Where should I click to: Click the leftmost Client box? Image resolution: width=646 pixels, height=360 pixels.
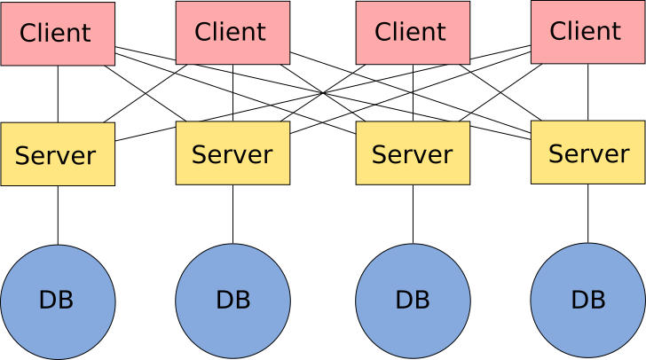pyautogui.click(x=58, y=34)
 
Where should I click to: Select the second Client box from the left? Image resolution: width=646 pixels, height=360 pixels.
pyautogui.click(x=232, y=33)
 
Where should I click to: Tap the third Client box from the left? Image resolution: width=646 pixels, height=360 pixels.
pyautogui.click(x=413, y=33)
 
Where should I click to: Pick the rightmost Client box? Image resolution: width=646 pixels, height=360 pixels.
pyautogui.click(x=588, y=32)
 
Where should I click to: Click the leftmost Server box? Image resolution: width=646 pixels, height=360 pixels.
pyautogui.click(x=58, y=154)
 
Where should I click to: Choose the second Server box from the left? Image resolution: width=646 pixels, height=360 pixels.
pyautogui.click(x=232, y=153)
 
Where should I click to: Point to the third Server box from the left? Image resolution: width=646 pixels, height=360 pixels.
pyautogui.click(x=413, y=153)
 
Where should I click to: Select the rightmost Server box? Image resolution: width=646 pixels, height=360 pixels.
pyautogui.click(x=588, y=153)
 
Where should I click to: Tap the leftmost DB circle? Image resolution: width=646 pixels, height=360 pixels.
pyautogui.click(x=58, y=302)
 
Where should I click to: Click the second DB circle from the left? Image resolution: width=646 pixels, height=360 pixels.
pyautogui.click(x=232, y=301)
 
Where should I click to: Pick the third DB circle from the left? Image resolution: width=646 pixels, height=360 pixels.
pyautogui.click(x=413, y=301)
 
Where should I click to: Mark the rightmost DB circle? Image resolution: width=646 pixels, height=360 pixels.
pyautogui.click(x=588, y=301)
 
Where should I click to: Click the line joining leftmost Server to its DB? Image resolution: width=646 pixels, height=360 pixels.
pyautogui.click(x=58, y=215)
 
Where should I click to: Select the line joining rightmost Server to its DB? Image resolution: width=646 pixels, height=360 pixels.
pyautogui.click(x=588, y=214)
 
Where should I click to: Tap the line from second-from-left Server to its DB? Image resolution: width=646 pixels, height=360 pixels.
pyautogui.click(x=232, y=215)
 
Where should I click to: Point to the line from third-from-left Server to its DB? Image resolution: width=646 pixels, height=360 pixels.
pyautogui.click(x=413, y=215)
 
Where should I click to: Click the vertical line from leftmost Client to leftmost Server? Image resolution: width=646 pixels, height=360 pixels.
pyautogui.click(x=58, y=94)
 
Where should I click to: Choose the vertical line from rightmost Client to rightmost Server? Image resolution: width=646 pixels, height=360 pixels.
pyautogui.click(x=588, y=92)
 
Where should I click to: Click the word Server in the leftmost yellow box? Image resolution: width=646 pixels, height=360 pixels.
pyautogui.click(x=56, y=156)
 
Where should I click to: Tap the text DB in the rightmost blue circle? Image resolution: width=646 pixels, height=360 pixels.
pyautogui.click(x=588, y=300)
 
